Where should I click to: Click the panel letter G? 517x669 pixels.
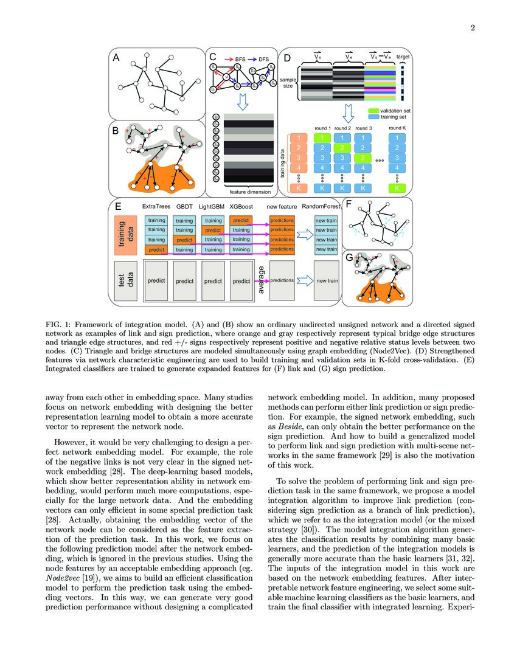coord(349,258)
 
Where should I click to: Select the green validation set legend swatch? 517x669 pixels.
coord(372,111)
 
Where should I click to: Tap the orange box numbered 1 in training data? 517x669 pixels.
coord(298,138)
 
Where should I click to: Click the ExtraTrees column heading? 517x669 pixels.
coord(156,207)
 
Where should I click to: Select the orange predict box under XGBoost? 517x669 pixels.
coord(241,220)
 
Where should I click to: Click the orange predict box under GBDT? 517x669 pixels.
coord(184,240)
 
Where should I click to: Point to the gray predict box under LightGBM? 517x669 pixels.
coord(213,281)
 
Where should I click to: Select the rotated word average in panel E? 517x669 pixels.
coord(262,280)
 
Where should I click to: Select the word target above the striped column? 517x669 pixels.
coord(403,57)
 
